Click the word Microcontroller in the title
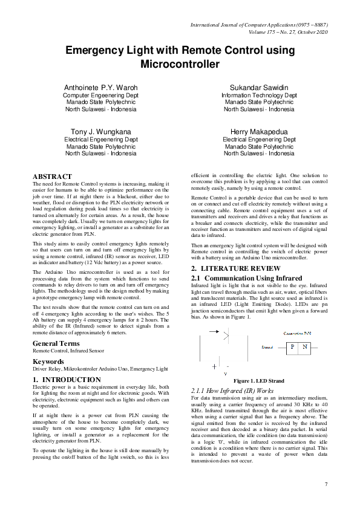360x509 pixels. pos(180,63)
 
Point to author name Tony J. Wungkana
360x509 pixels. pos(100,131)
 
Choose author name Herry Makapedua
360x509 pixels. pos(258,131)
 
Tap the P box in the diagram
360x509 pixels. pos(292,347)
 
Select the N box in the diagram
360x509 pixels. pos(305,347)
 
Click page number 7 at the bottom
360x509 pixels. pos(326,484)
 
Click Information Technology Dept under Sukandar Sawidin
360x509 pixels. pos(258,96)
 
